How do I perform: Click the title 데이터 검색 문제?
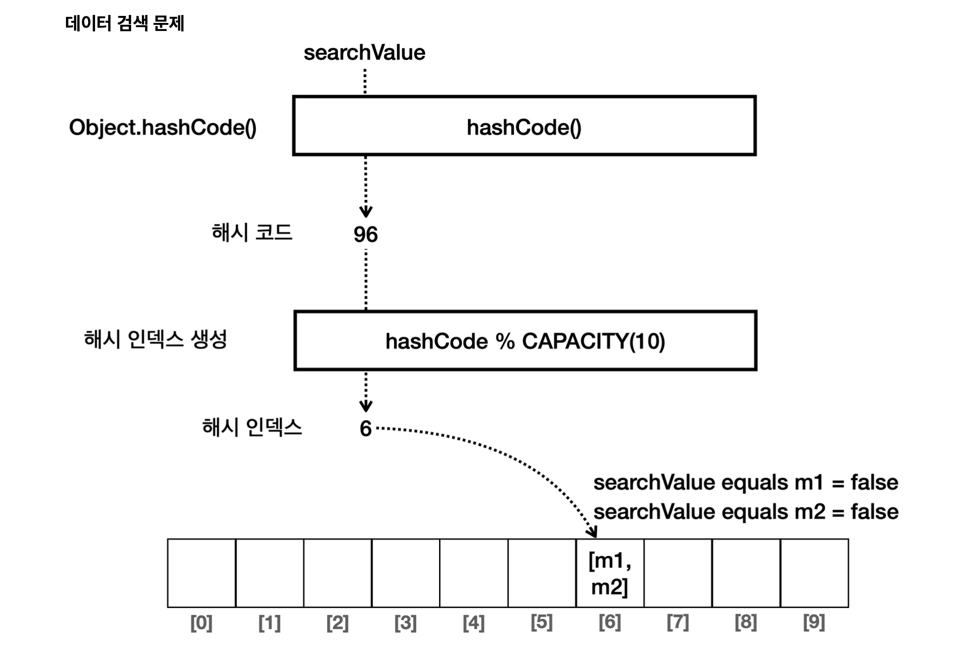[125, 23]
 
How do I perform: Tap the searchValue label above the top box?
[364, 52]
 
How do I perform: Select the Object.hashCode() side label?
[162, 127]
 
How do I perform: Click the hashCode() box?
[524, 125]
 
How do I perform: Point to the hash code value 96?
[366, 234]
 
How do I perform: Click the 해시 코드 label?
[252, 233]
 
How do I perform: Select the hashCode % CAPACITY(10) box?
[525, 340]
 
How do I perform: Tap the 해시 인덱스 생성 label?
[155, 339]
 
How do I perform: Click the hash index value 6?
[366, 428]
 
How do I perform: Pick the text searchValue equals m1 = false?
[746, 482]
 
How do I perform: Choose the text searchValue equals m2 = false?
[746, 511]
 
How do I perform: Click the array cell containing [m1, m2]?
[609, 573]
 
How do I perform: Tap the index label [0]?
[201, 623]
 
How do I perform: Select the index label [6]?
[609, 622]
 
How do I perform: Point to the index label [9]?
[814, 622]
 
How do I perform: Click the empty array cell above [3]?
[405, 573]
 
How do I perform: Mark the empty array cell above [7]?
[678, 573]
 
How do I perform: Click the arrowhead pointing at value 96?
[366, 212]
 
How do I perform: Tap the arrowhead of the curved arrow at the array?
[593, 532]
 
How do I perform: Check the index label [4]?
[473, 623]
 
